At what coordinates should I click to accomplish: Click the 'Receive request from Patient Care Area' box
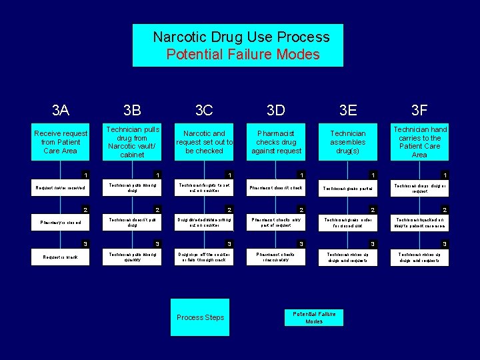(x=61, y=142)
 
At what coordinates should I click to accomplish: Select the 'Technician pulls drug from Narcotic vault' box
(x=133, y=142)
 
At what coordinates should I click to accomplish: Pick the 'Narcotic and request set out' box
(x=204, y=142)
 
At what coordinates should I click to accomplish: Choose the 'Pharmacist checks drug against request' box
(x=276, y=142)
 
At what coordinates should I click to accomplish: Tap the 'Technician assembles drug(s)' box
(x=348, y=142)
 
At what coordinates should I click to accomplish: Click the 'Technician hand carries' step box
(x=420, y=142)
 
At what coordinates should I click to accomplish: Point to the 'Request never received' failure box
(x=61, y=188)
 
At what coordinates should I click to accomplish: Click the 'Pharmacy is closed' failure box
(x=61, y=223)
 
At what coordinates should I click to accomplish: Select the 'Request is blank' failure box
(x=61, y=257)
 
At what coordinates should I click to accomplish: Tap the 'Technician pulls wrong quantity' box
(x=133, y=257)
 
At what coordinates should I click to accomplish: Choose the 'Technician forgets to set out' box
(x=204, y=188)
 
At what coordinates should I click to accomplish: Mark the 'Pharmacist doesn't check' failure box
(x=276, y=188)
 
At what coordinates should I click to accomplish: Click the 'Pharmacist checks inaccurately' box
(x=276, y=257)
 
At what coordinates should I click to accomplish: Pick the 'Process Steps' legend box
(x=200, y=317)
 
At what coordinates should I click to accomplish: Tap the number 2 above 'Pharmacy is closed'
(x=84, y=210)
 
